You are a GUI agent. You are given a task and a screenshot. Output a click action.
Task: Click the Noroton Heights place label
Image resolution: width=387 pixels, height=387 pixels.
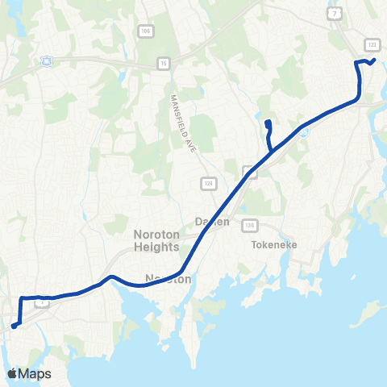click(156, 240)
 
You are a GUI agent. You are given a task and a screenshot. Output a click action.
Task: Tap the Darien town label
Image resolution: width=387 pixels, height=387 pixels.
click(213, 222)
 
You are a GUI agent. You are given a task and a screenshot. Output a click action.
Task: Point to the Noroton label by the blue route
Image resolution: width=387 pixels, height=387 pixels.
click(168, 279)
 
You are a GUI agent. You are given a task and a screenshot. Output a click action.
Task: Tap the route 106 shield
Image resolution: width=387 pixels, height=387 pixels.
click(145, 31)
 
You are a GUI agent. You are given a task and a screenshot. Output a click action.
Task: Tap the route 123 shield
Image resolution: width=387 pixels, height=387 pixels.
click(372, 44)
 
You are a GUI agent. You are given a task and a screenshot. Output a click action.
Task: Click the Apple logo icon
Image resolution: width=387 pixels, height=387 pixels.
click(12, 373)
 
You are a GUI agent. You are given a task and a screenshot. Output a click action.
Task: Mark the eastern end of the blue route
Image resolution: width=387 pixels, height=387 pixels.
click(375, 60)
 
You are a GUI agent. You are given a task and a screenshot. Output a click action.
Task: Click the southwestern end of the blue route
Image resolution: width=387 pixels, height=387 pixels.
click(13, 327)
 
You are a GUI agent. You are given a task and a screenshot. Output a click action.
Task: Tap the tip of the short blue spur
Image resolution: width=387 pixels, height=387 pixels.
click(266, 122)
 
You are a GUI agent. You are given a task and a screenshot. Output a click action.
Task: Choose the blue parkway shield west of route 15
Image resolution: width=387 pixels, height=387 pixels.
click(46, 60)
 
